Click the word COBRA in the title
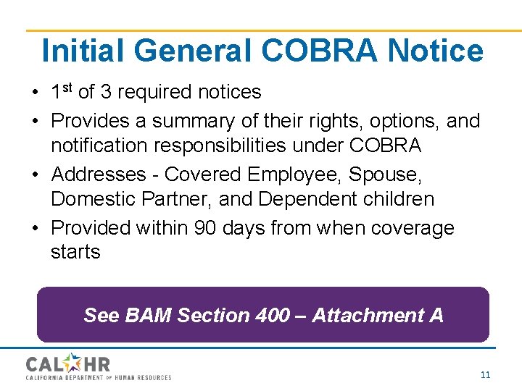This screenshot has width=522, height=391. pyautogui.click(x=319, y=51)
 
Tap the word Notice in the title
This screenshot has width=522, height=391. pyautogui.click(x=435, y=51)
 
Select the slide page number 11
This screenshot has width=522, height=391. pyautogui.click(x=485, y=375)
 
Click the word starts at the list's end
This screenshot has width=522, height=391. pyautogui.click(x=75, y=252)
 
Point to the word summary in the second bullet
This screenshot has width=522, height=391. pyautogui.click(x=186, y=121)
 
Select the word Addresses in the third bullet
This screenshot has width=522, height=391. pyautogui.click(x=101, y=175)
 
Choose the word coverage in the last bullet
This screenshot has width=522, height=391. pyautogui.click(x=413, y=227)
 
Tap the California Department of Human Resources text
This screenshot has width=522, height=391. pyautogui.click(x=99, y=377)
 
